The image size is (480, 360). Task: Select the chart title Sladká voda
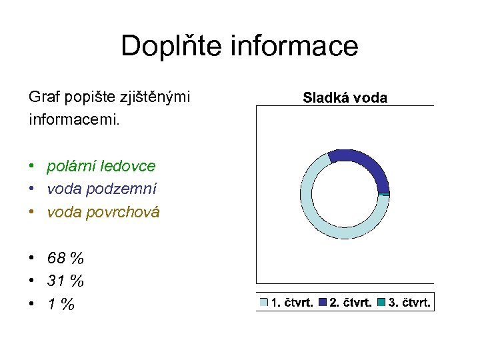click(345, 98)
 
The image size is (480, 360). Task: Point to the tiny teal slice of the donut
click(385, 193)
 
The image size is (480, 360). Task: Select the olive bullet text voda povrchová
click(103, 212)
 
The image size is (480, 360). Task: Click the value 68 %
click(65, 258)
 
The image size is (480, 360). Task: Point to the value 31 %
click(65, 281)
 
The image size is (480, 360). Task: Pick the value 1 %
click(61, 305)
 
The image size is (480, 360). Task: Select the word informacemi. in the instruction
click(73, 121)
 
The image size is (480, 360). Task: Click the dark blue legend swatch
click(323, 303)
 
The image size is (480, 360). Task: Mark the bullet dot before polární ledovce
click(32, 165)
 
